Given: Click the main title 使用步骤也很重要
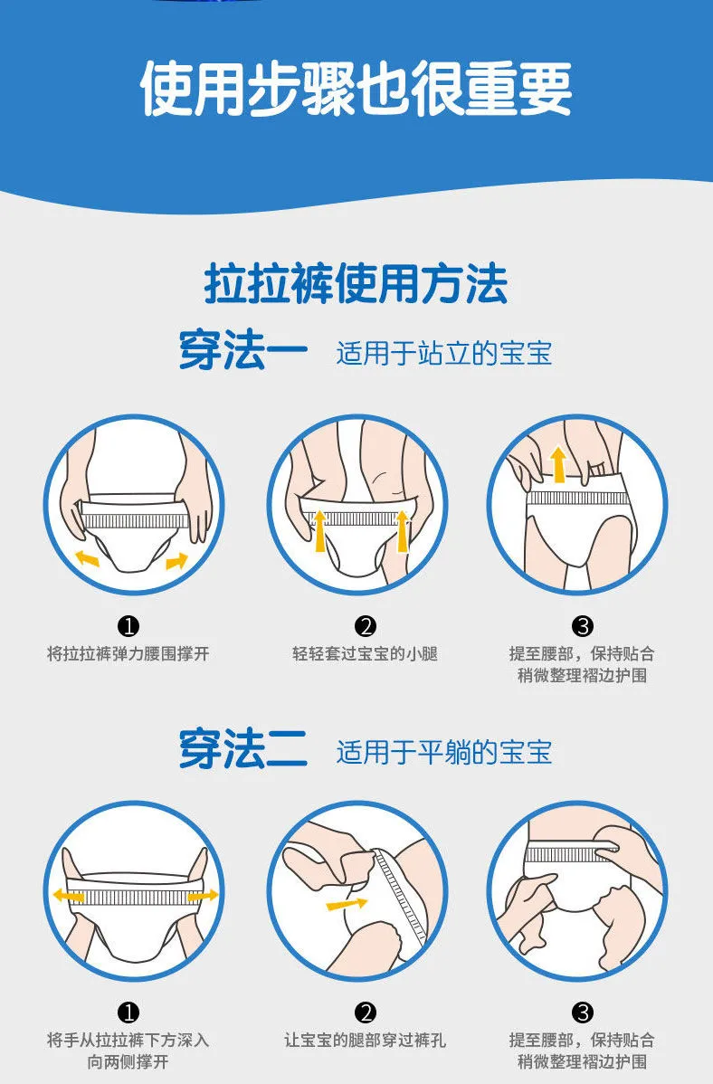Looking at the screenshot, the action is (356, 90).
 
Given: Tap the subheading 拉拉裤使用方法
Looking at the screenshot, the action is (356, 283).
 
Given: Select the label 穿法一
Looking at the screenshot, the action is (242, 351).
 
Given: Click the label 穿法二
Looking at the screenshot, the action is (242, 750).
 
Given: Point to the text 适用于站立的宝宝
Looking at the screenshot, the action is (444, 353).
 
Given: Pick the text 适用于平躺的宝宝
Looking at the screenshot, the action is (444, 752).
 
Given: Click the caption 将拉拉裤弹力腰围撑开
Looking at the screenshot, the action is (128, 653).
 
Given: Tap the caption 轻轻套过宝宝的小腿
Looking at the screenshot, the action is (365, 653).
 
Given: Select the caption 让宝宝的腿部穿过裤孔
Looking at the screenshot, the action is (365, 1040).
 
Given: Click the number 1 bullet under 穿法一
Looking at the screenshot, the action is (128, 626).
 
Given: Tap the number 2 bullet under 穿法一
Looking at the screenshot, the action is (366, 626).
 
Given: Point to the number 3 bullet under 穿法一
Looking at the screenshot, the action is (583, 626).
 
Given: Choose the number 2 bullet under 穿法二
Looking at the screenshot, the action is (366, 1013).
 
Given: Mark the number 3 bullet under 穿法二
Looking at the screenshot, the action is (583, 1013).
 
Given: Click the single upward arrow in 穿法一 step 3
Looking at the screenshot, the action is (558, 464).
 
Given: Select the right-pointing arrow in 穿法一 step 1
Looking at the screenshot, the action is (177, 561).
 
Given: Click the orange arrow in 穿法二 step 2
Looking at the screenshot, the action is (347, 904).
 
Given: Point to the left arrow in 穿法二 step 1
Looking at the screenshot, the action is (69, 896).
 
